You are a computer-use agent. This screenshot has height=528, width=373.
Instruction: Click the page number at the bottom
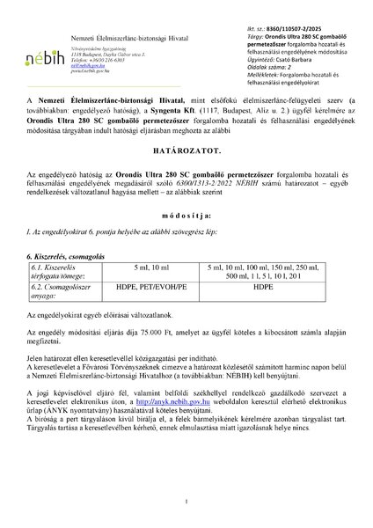186,502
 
